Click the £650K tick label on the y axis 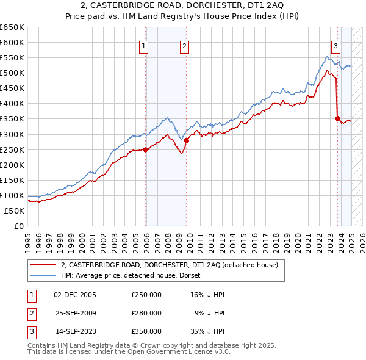click(12, 27)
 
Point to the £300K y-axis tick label click(12, 134)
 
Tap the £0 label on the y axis click(19, 226)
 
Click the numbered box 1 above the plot click(143, 45)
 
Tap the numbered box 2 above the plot click(184, 45)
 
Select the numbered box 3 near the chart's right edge click(335, 45)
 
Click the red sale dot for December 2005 click(145, 149)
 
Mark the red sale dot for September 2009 click(187, 140)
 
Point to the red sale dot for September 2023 click(337, 118)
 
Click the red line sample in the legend click(43, 265)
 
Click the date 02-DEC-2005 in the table click(75, 295)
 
